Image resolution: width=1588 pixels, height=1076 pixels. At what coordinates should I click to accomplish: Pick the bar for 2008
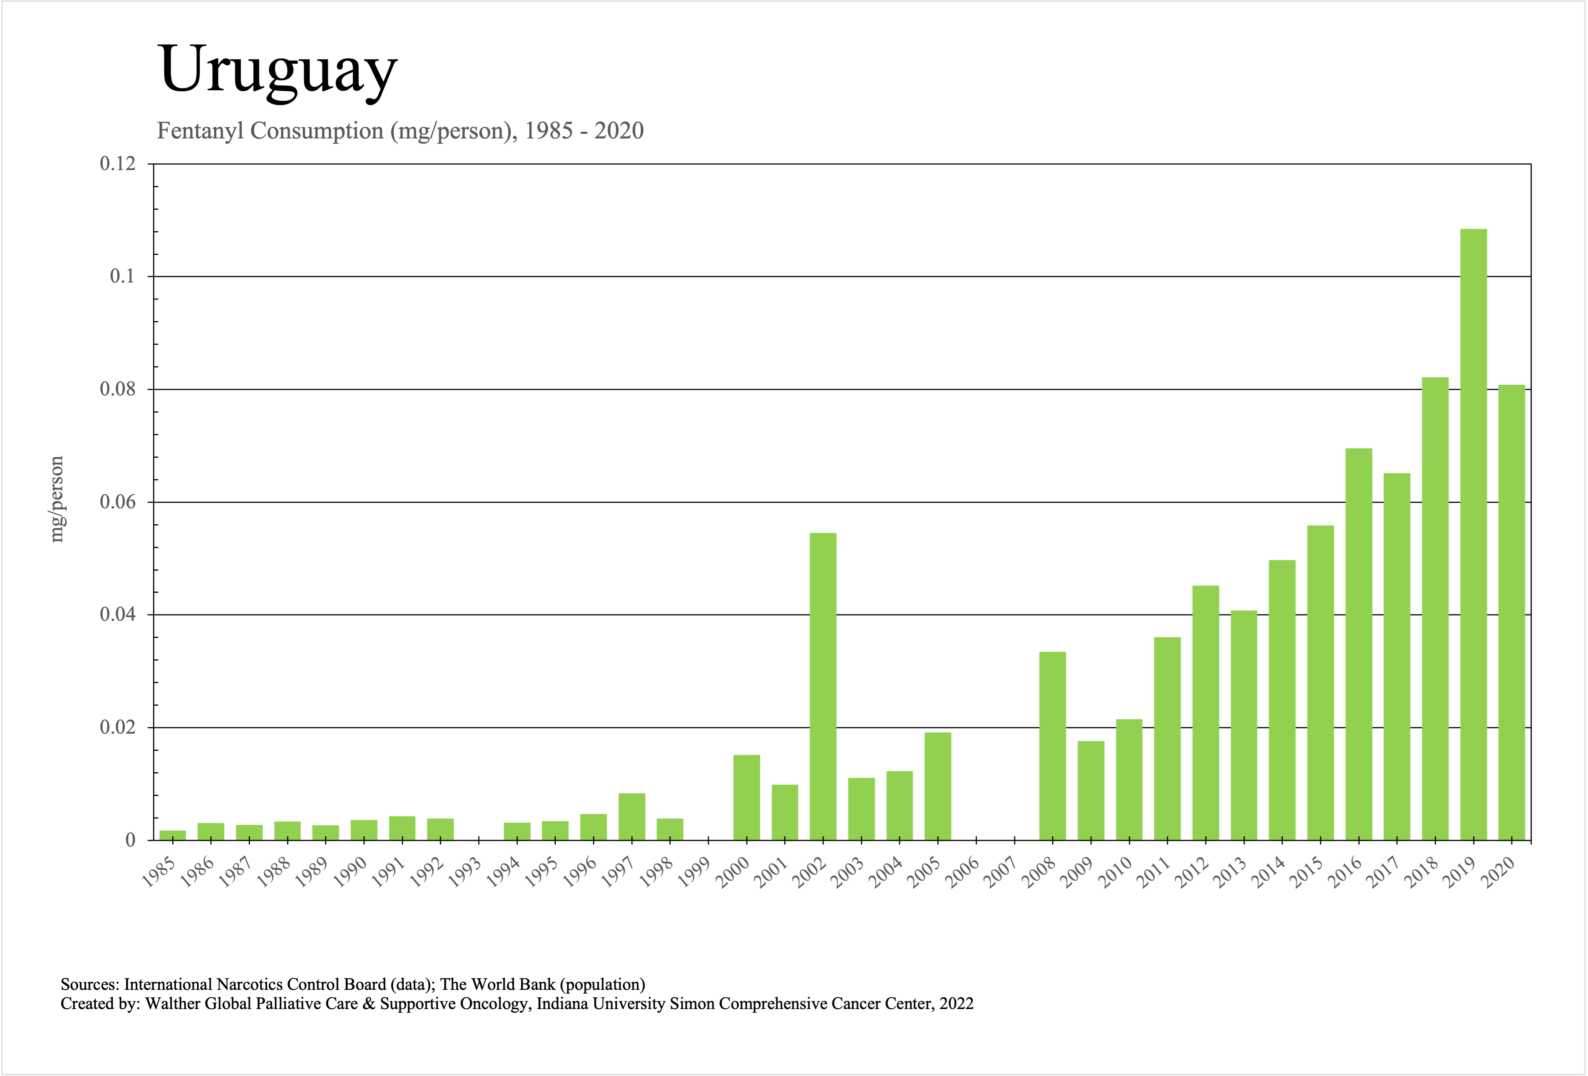[x=1052, y=746]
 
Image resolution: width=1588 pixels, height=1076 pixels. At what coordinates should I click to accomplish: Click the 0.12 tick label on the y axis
[x=117, y=164]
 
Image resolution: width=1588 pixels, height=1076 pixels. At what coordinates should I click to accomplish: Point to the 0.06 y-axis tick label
[x=117, y=502]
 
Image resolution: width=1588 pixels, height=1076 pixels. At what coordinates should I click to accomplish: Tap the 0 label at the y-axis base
[x=130, y=840]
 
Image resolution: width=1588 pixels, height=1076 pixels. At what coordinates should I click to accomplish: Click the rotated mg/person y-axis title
[x=57, y=499]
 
